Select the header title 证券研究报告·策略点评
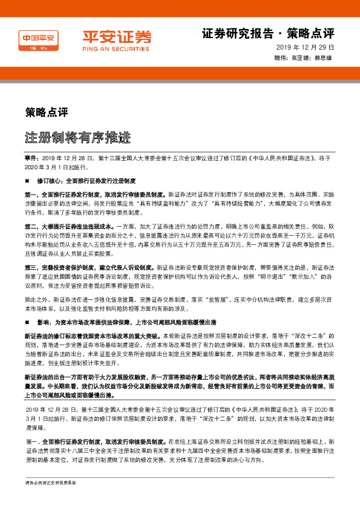(x=267, y=33)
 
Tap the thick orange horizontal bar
(x=180, y=73)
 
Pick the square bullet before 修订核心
(x=27, y=181)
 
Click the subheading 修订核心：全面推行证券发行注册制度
(x=87, y=181)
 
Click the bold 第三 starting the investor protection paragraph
(x=31, y=267)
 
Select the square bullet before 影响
(x=27, y=322)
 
